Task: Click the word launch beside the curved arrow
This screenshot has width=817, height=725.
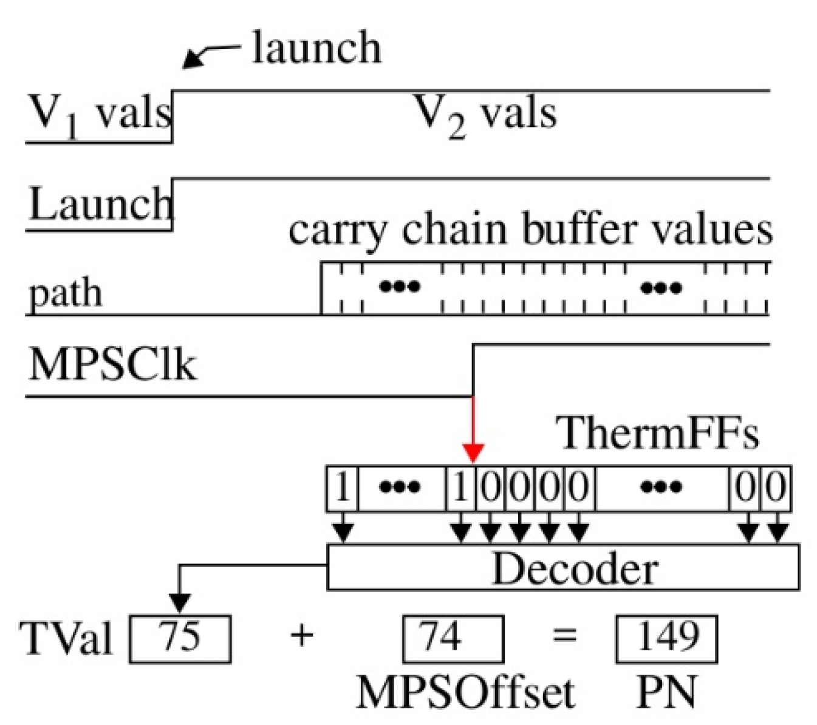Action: tap(316, 47)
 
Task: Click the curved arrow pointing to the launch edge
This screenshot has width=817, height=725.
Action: tap(210, 55)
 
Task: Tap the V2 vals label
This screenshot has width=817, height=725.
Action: tap(485, 115)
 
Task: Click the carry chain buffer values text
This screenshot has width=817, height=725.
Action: tap(530, 231)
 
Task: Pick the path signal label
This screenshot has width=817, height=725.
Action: tap(66, 293)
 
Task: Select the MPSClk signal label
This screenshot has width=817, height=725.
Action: tap(113, 366)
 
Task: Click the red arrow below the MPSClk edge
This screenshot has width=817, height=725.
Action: tap(473, 431)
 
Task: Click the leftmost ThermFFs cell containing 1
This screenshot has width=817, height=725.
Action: tap(343, 488)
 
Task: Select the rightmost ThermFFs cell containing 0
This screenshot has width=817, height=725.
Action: tap(776, 488)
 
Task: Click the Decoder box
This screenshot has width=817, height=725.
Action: tap(563, 568)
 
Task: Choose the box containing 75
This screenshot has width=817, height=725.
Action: tap(180, 638)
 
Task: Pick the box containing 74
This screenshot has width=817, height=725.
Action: tap(453, 638)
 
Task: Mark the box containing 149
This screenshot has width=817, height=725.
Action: tap(666, 638)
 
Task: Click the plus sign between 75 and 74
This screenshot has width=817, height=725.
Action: tap(302, 636)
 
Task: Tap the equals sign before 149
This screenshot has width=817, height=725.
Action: tap(564, 636)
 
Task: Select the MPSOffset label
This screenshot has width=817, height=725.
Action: tap(465, 692)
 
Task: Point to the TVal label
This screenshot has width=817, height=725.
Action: tap(67, 638)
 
